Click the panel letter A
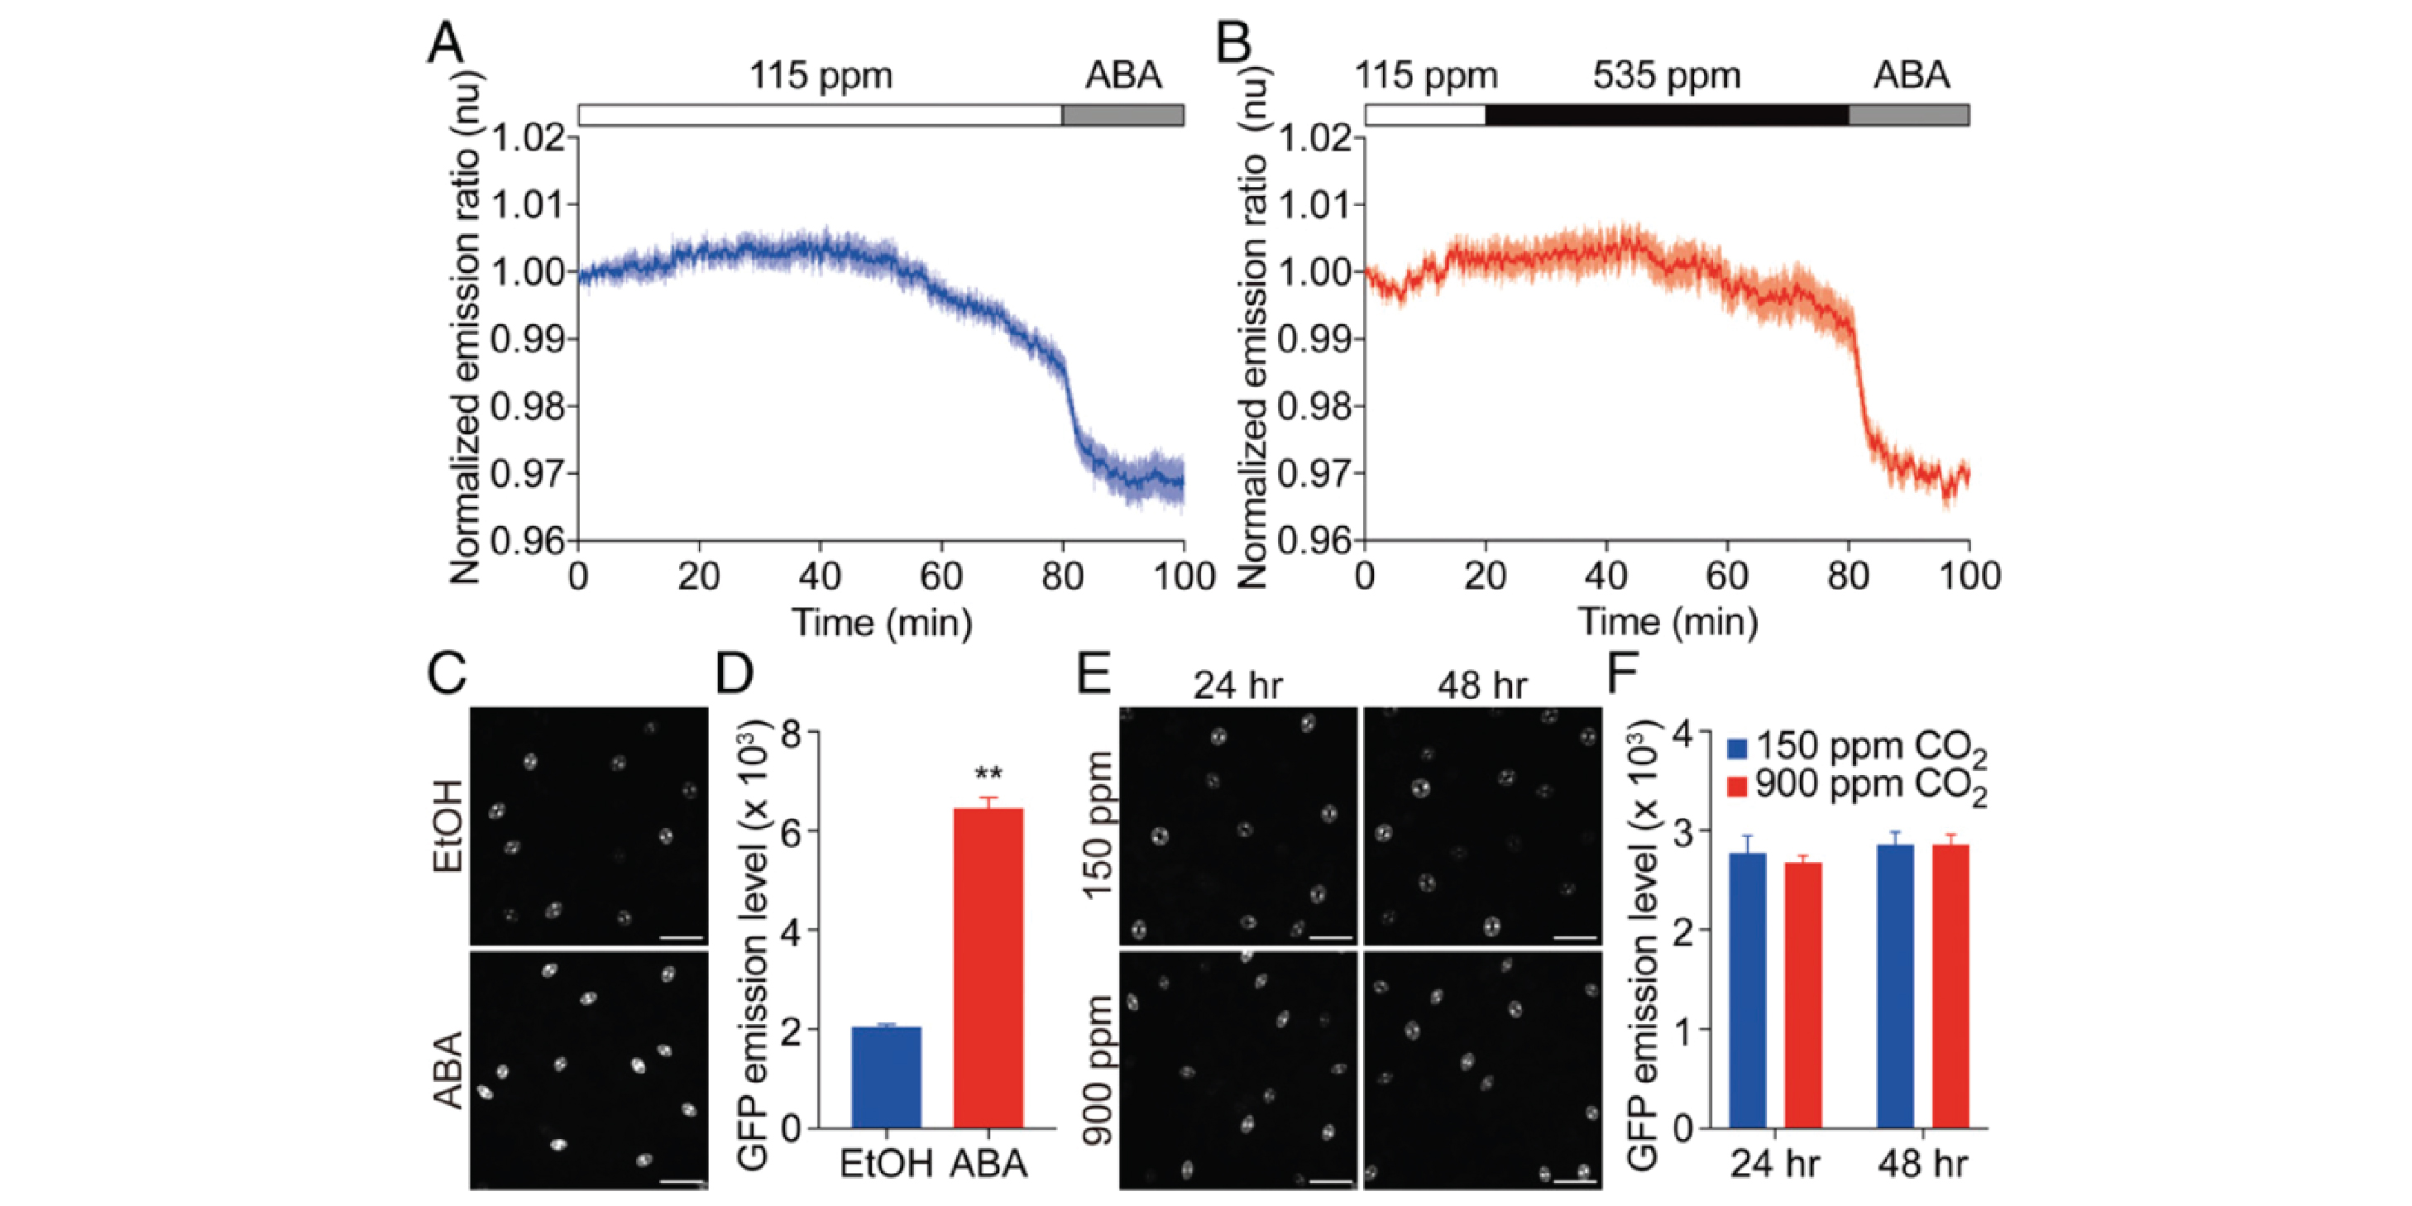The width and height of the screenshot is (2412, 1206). tap(446, 43)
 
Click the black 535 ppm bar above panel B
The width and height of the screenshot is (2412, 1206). tap(1667, 115)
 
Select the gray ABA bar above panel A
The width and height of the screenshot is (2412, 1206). tap(1122, 115)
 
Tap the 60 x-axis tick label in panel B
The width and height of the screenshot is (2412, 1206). tap(1726, 575)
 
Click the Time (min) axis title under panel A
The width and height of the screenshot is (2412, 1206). tap(882, 622)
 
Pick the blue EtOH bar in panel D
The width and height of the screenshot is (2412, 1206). tap(886, 1077)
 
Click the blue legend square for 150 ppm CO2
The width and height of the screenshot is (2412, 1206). tap(1737, 748)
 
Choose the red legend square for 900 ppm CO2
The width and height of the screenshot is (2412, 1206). tap(1737, 786)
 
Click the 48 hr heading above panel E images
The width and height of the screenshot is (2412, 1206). tap(1482, 687)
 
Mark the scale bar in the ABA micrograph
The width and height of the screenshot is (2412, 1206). tap(682, 1182)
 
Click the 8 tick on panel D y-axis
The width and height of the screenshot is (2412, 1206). tap(792, 731)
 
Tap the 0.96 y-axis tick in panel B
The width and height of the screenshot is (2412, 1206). tap(1314, 541)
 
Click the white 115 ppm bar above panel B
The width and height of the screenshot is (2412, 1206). tap(1424, 115)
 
